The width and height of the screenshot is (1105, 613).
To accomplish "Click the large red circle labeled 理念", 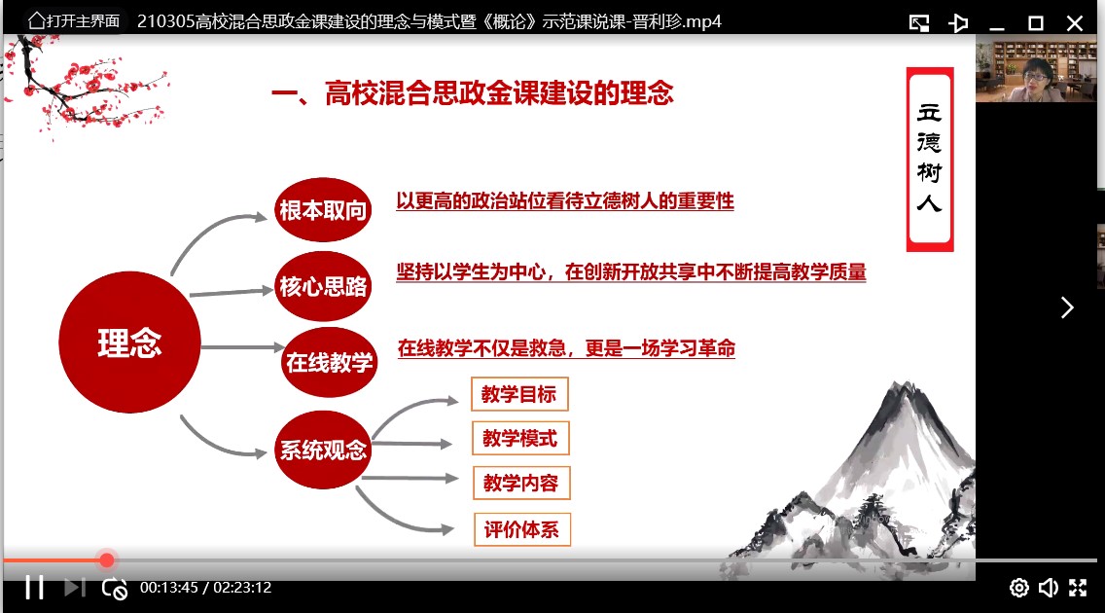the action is point(129,343).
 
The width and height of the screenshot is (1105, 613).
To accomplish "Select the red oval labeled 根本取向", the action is point(323,210).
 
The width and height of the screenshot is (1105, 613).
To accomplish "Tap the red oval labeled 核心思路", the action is point(323,286).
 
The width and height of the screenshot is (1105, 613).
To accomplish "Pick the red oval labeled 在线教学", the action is point(329,362).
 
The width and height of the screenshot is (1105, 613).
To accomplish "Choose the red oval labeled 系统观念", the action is point(323,450).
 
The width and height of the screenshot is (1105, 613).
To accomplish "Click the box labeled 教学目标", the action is point(519,394).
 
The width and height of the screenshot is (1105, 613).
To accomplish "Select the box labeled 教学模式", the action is point(520,438).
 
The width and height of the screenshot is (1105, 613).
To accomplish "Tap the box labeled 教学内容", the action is point(520,483).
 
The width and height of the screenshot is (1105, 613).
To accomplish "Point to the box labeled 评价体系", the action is point(521,529).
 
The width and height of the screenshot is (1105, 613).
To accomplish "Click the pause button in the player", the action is point(35,587).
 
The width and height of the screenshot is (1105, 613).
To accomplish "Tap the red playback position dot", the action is point(106,560).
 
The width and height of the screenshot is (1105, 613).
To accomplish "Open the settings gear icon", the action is point(1019,588).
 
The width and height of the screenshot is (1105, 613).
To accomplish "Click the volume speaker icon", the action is point(1049,588).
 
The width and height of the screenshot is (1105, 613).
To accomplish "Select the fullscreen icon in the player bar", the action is point(1078,588).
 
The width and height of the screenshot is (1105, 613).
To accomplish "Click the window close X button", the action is point(1075,23).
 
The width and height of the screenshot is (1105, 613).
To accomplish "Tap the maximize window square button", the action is point(1036,23).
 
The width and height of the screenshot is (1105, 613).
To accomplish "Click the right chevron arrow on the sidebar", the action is point(1068,307).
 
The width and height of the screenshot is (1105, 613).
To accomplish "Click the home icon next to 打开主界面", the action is point(36,21).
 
